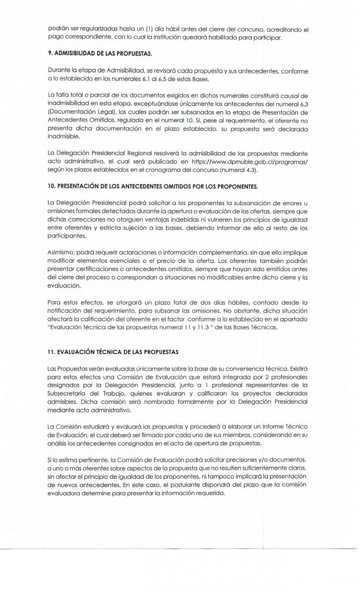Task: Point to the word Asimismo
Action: (58, 255)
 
